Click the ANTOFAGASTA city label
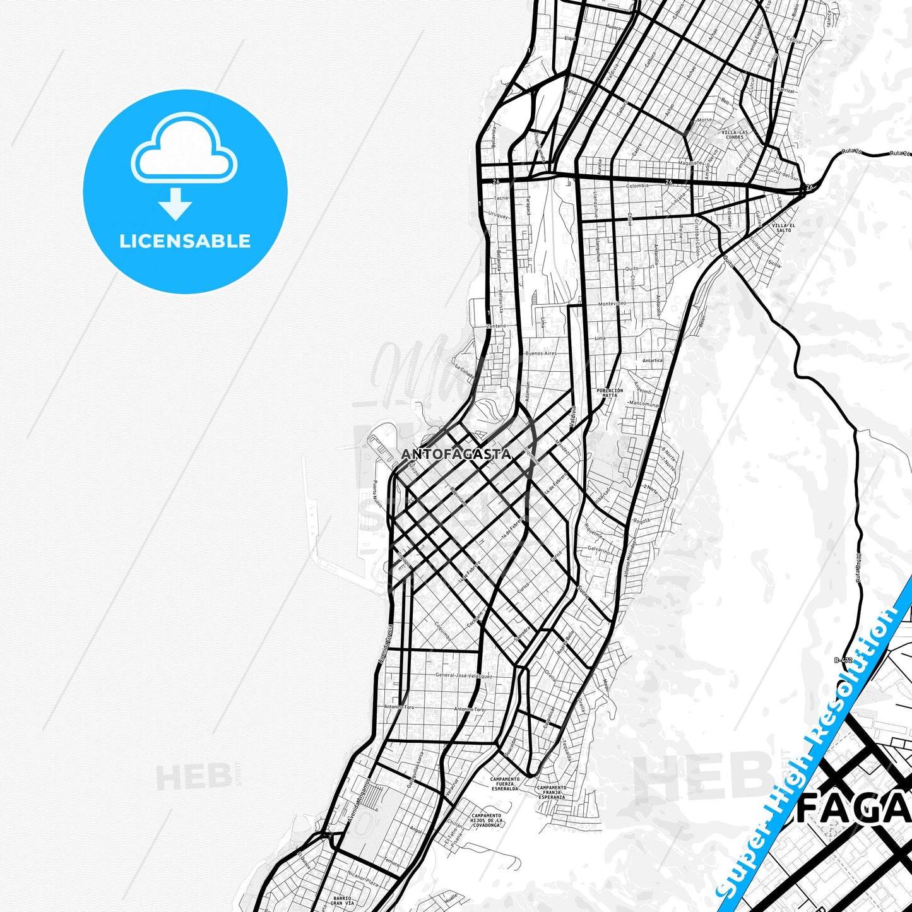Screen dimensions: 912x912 [456, 454]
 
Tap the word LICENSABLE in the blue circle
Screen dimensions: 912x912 [185, 241]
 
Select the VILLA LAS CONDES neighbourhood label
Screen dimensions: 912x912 [735, 134]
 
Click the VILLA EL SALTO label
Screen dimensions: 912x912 [783, 227]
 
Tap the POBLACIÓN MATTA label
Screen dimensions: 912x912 [610, 393]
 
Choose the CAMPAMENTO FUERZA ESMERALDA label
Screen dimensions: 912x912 [505, 783]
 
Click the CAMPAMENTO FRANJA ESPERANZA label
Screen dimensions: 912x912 [552, 792]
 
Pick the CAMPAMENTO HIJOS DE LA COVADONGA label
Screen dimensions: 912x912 [486, 820]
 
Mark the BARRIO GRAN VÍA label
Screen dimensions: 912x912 [343, 901]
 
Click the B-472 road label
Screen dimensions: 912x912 [843, 660]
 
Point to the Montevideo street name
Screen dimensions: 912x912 [611, 304]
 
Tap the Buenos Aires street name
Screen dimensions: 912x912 [541, 353]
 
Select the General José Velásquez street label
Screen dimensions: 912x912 [464, 675]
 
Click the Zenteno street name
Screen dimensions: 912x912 [496, 326]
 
